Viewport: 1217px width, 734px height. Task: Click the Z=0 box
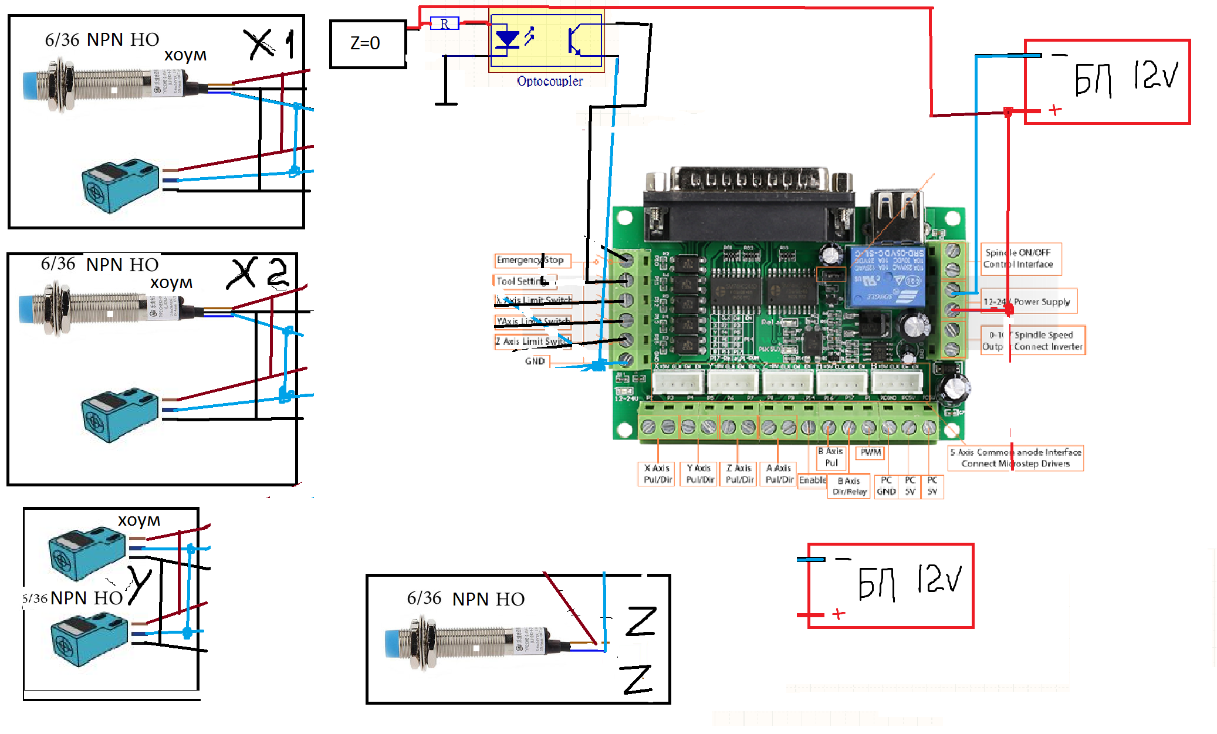(368, 44)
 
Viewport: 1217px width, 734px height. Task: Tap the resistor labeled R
(444, 24)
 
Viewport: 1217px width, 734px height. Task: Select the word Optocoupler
(550, 81)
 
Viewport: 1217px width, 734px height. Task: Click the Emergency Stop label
(530, 260)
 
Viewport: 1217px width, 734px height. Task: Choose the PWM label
(871, 452)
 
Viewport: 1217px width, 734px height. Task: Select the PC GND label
(886, 486)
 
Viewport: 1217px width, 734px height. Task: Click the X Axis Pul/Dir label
(658, 474)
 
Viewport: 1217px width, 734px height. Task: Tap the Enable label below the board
(813, 480)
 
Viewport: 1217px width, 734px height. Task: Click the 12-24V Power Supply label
(1028, 302)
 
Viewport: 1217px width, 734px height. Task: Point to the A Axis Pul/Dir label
(779, 474)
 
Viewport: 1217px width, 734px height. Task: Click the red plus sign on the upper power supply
(1055, 110)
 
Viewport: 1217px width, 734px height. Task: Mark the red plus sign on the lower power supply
(839, 614)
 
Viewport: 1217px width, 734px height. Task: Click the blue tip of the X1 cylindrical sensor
(29, 86)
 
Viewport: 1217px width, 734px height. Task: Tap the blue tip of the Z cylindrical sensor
(391, 644)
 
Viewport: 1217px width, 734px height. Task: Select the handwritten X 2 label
(258, 273)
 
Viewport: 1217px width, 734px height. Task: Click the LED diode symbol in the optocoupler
(507, 39)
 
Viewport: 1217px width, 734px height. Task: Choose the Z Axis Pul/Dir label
(739, 474)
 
